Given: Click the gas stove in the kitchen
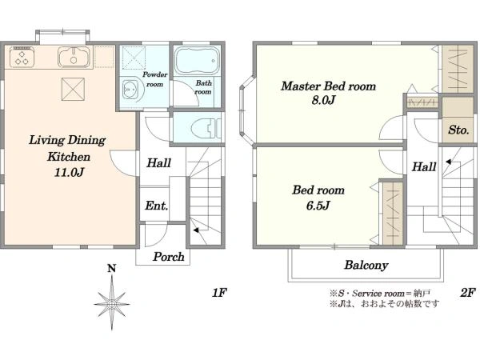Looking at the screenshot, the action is (22, 57).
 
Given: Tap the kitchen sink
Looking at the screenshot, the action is (74, 57).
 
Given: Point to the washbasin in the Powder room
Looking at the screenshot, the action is (133, 90).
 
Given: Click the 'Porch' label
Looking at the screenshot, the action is (169, 257).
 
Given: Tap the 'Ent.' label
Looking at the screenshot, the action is (157, 206).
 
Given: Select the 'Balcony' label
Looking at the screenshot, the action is (366, 265).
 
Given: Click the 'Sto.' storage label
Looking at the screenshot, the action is (458, 130).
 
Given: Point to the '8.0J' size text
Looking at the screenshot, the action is (323, 100).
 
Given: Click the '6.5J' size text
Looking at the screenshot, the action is (318, 205).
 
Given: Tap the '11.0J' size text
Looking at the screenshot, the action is (69, 172).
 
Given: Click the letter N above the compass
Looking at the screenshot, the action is (112, 269).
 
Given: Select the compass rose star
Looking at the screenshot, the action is (112, 304).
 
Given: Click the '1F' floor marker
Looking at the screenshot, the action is (219, 293).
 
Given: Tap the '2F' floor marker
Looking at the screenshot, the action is (468, 293).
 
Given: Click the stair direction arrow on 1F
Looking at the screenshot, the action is (196, 230).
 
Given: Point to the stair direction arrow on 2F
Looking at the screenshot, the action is (449, 162).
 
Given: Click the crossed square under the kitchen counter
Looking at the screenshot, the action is (73, 89).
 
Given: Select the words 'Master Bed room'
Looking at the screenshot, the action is (328, 86).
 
